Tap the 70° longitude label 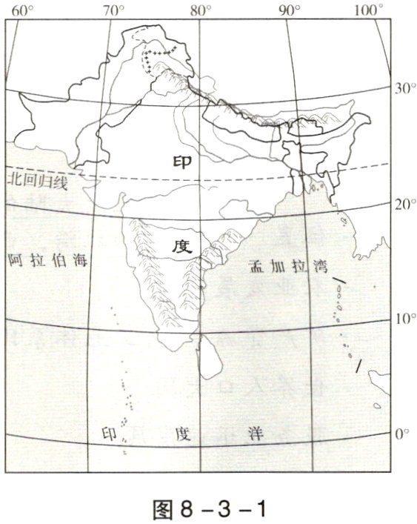[x=113, y=10]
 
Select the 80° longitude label [x=200, y=10]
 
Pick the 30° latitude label [x=403, y=88]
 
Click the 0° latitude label [x=401, y=433]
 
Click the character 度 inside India [x=182, y=248]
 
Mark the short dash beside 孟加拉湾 [x=339, y=281]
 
